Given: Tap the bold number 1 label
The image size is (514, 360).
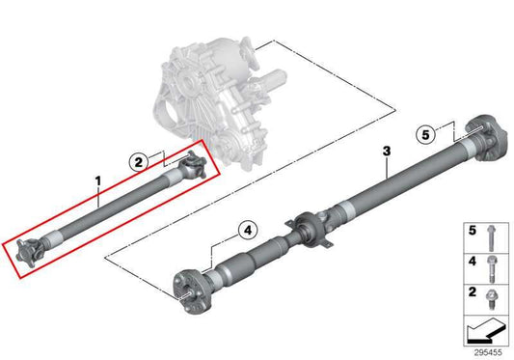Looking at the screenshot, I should coord(97,180).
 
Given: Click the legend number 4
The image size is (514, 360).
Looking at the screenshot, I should coord(473,262).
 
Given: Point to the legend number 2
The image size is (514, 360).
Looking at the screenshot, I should coord(473,291).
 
